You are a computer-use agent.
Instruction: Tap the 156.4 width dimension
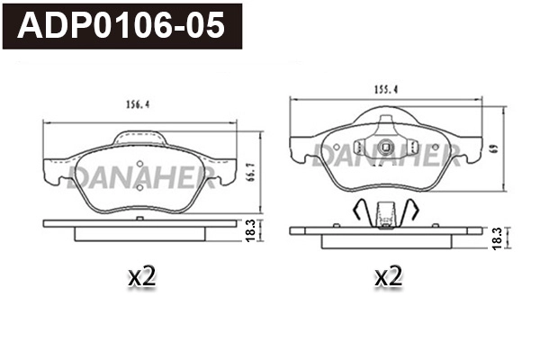pos(137,103)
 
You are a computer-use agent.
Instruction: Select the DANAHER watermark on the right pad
pos(388,155)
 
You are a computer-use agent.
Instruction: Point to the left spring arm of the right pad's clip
pos(357,211)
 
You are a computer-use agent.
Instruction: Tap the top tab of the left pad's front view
pos(142,137)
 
